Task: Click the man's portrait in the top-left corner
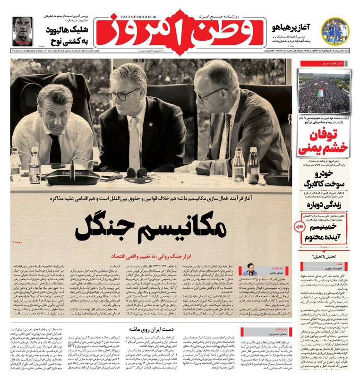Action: [19, 30]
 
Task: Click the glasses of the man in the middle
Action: [124, 94]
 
